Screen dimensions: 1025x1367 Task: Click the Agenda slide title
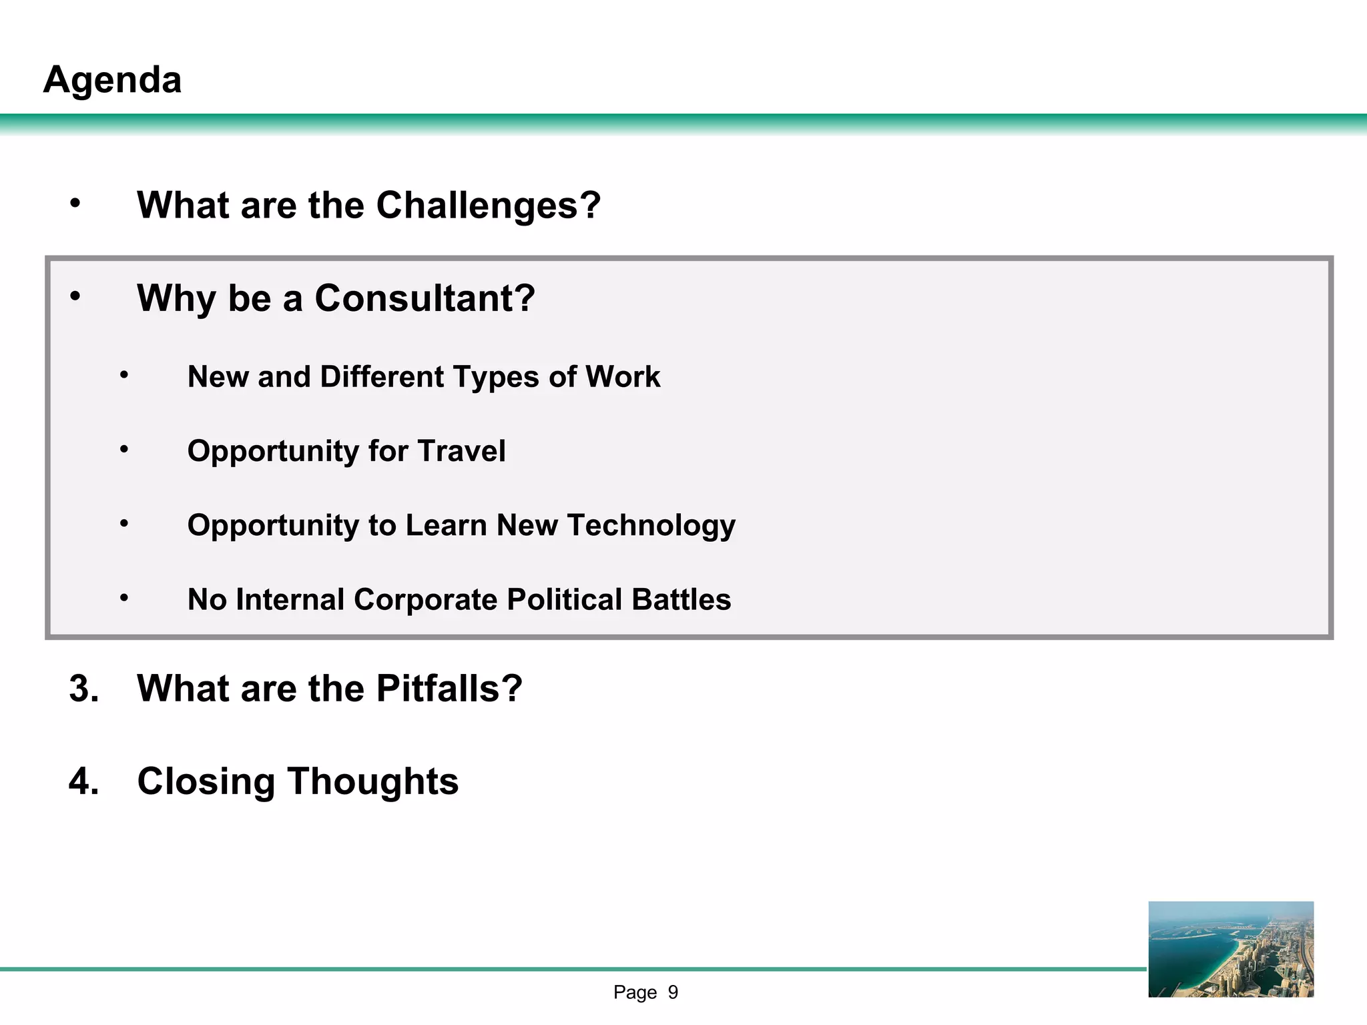pos(112,80)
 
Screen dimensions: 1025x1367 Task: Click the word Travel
pos(461,451)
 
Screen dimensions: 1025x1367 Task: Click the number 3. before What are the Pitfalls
pos(84,688)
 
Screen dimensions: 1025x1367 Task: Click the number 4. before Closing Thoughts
pos(84,781)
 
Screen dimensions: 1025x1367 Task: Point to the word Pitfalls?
pos(449,688)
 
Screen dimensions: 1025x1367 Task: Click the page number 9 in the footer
pos(673,992)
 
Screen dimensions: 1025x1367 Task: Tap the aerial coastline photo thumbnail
pos(1231,949)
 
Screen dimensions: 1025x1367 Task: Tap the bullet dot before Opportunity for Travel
pos(124,450)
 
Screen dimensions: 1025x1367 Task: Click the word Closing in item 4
pos(206,781)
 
